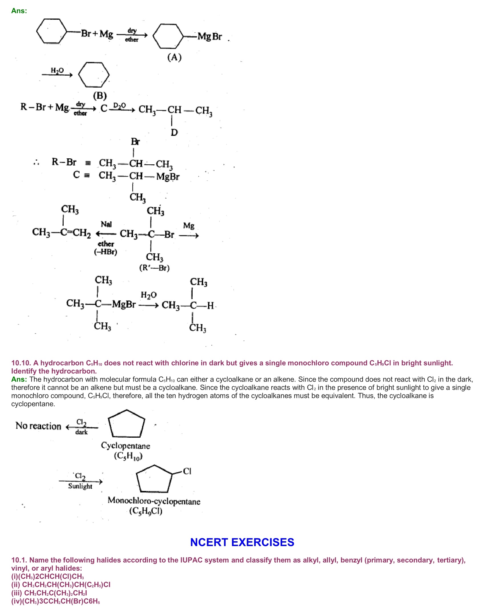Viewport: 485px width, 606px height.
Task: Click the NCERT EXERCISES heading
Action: tap(242, 542)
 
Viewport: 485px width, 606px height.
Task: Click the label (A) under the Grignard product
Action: tap(174, 57)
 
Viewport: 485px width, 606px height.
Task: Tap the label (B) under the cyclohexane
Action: tap(100, 96)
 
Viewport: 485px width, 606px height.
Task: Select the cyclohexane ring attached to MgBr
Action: tap(168, 36)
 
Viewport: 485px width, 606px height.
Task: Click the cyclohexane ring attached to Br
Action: tap(52, 31)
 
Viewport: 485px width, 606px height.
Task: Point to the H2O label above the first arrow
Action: tap(57, 70)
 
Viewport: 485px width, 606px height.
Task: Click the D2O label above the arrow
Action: tap(119, 105)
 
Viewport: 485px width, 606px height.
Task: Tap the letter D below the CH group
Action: tap(174, 132)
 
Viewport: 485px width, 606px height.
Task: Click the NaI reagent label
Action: tap(106, 224)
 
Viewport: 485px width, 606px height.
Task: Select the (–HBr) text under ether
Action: tap(106, 252)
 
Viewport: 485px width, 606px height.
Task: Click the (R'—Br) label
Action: tap(154, 268)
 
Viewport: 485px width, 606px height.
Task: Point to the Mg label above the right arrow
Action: tap(189, 226)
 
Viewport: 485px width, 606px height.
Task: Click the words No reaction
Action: tap(38, 426)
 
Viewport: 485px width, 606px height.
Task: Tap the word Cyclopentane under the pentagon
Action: tap(126, 446)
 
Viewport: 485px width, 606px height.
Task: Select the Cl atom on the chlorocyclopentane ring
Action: tap(187, 471)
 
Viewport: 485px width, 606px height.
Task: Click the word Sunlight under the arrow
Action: tap(80, 486)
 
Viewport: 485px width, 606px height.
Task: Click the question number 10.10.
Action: tap(21, 363)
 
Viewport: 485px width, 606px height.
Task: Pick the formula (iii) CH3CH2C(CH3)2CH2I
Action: tap(49, 593)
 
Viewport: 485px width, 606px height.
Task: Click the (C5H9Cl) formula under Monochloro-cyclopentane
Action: tap(146, 511)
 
